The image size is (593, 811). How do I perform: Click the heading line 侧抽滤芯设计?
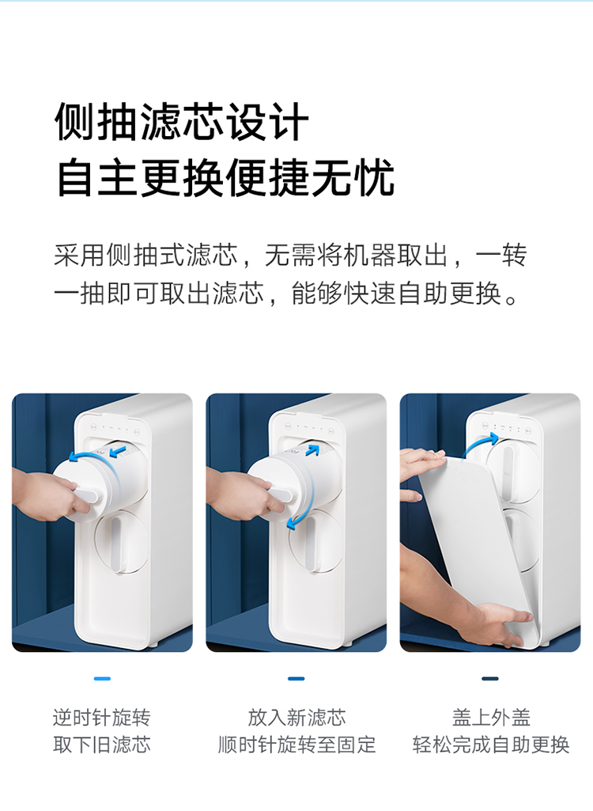click(182, 122)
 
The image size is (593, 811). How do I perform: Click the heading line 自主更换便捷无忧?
click(225, 178)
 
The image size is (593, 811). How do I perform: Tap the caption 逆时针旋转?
click(102, 718)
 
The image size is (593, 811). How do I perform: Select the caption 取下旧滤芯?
click(102, 745)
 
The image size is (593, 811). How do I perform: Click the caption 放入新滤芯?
click(296, 718)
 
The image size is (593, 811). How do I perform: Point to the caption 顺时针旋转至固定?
click(296, 745)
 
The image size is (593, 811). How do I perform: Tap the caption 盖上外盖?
click(491, 718)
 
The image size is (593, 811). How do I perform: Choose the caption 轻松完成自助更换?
click(491, 745)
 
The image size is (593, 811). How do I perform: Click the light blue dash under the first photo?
click(102, 679)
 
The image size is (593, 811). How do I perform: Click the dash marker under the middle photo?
click(296, 679)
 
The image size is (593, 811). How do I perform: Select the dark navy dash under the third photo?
click(490, 679)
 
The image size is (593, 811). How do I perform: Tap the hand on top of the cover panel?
click(421, 459)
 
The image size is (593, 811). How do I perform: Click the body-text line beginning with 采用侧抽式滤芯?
click(290, 255)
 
